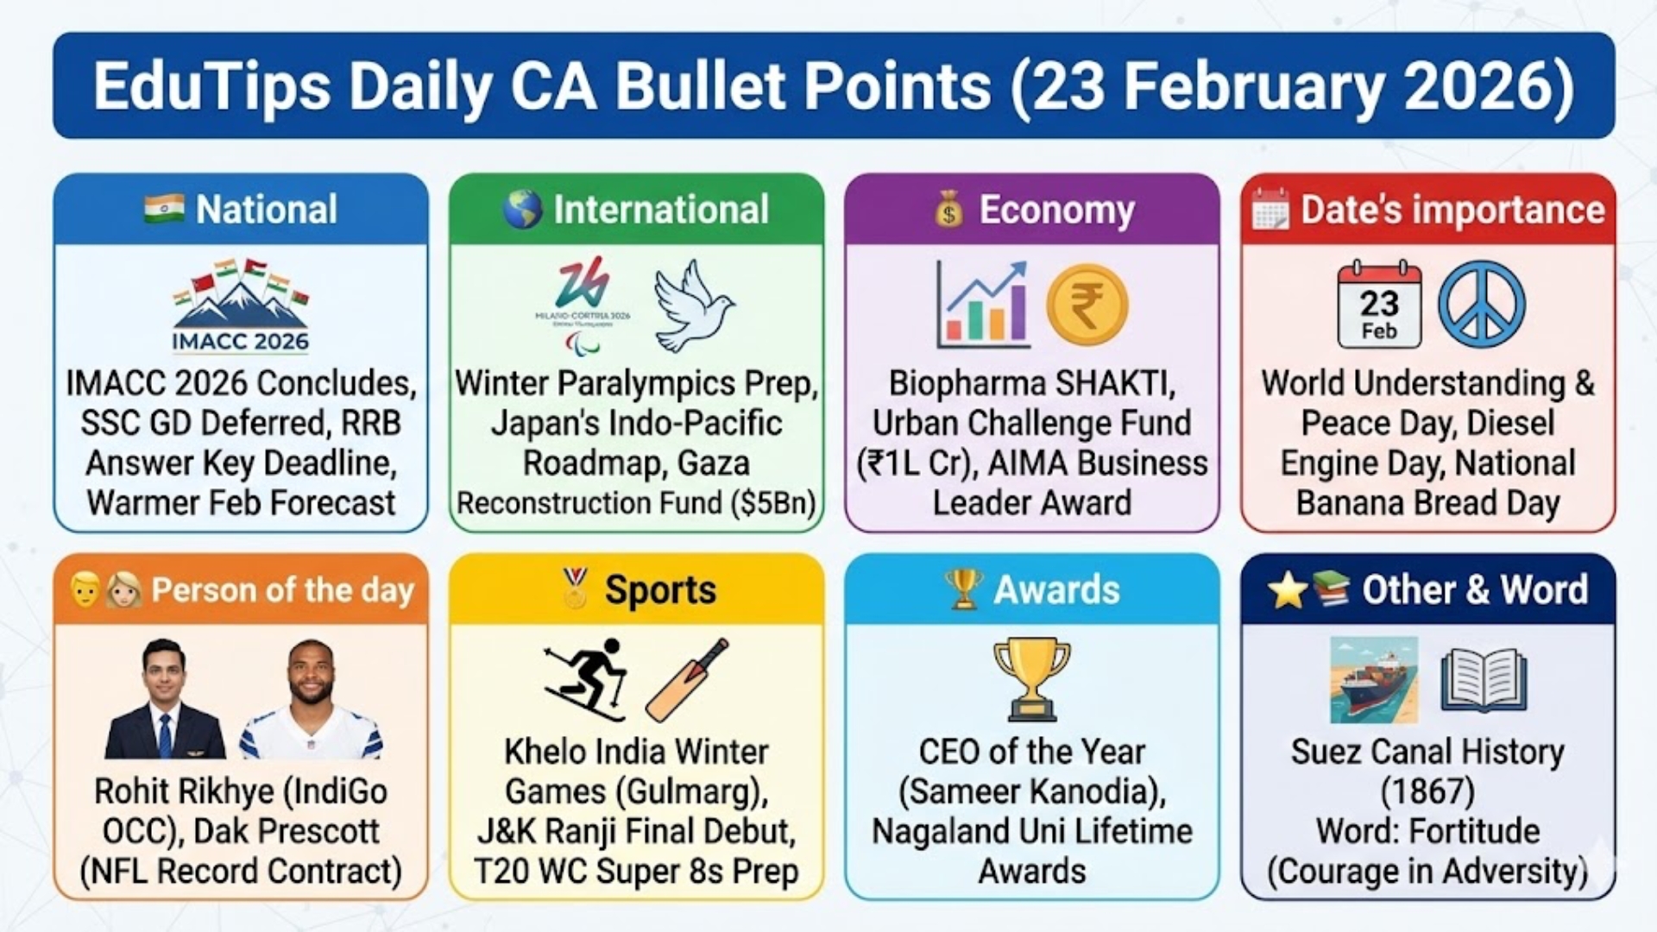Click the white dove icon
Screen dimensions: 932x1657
click(692, 306)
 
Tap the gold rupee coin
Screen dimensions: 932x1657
click(1087, 305)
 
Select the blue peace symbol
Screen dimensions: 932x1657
click(1481, 305)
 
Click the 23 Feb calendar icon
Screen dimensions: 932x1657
click(1379, 305)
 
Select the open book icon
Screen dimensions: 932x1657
click(1484, 680)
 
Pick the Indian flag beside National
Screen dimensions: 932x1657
click(164, 209)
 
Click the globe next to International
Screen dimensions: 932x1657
click(523, 210)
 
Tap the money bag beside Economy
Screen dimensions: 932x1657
click(948, 211)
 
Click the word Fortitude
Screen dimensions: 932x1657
click(1474, 831)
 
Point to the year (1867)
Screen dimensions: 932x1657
click(1427, 791)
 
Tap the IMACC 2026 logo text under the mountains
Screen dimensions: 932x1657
click(240, 342)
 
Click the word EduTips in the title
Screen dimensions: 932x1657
click(211, 86)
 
